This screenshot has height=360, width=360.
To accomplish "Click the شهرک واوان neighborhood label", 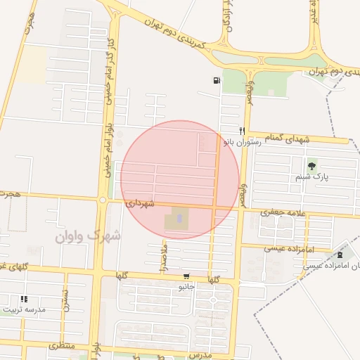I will [88, 236].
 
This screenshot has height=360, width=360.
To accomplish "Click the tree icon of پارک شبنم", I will [312, 166].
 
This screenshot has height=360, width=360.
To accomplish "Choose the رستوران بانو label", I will [243, 141].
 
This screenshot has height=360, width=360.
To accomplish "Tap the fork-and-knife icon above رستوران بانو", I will [242, 130].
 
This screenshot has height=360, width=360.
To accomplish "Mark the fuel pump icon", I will [216, 80].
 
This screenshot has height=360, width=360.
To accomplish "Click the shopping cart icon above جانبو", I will [186, 276].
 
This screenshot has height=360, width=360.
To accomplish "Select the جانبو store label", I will [186, 286].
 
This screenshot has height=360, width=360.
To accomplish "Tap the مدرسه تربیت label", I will [24, 309].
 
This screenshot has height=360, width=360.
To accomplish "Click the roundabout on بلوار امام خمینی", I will [103, 200].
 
